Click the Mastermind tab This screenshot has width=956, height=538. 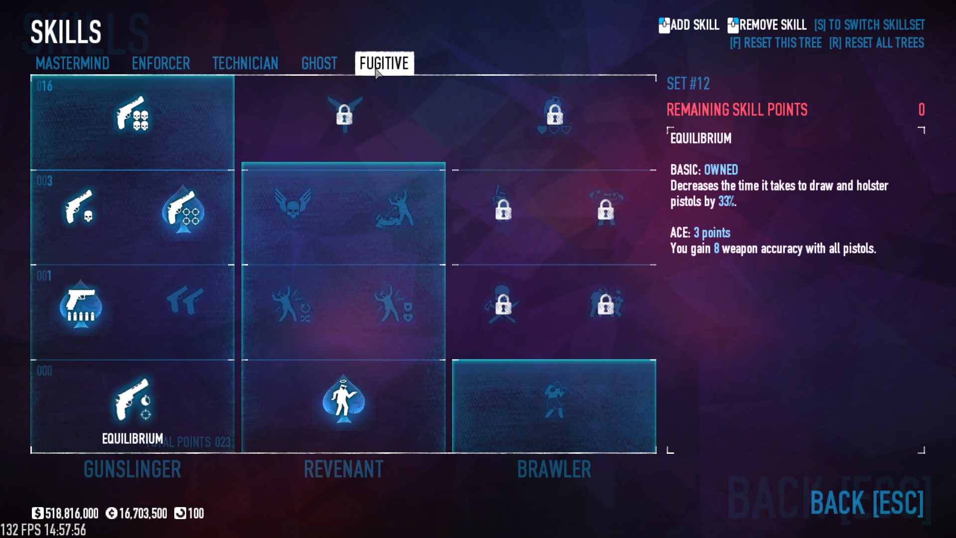(72, 63)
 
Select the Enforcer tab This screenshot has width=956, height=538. (161, 63)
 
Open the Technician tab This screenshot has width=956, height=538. (245, 63)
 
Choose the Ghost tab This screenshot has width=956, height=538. (319, 63)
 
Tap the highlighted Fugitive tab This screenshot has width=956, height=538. (384, 63)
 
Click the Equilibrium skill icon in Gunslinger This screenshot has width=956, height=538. (132, 400)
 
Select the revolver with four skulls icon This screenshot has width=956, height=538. (132, 114)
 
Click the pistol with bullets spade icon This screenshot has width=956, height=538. (81, 304)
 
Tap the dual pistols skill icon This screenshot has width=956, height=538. (185, 300)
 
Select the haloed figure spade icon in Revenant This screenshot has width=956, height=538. (343, 400)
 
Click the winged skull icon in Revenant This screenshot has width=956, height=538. (293, 204)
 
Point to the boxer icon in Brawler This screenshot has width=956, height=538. (554, 400)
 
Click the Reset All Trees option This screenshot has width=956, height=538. (876, 43)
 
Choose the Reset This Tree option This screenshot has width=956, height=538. (776, 43)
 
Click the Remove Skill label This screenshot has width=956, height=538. (772, 25)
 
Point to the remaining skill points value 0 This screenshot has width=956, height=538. (921, 110)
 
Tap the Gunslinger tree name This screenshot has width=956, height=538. (132, 469)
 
